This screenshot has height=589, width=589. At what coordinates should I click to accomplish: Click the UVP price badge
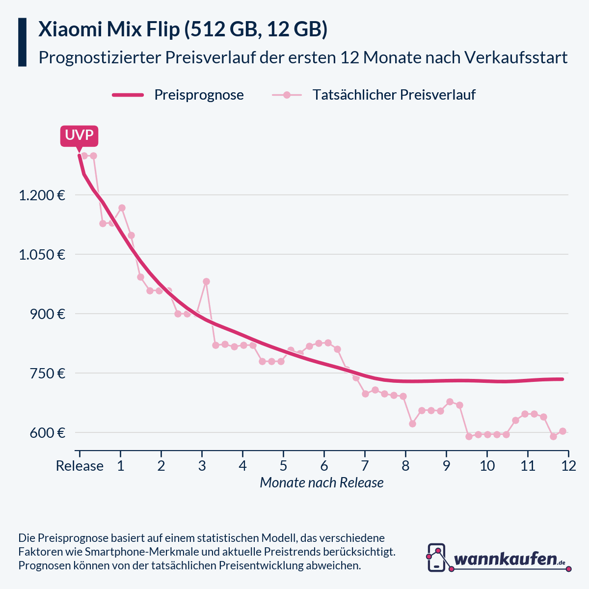pyautogui.click(x=79, y=135)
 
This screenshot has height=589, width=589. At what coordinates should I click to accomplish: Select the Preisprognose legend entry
pyautogui.click(x=199, y=95)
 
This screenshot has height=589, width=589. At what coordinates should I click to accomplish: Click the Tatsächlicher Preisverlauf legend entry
pyautogui.click(x=394, y=95)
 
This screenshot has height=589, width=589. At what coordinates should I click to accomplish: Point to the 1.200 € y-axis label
pyautogui.click(x=42, y=196)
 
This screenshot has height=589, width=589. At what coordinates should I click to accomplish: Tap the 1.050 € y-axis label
pyautogui.click(x=42, y=255)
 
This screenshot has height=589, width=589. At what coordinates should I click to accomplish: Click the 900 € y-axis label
pyautogui.click(x=47, y=314)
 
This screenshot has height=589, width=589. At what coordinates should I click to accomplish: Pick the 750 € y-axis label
pyautogui.click(x=47, y=374)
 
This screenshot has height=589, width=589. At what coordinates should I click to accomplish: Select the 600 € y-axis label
pyautogui.click(x=47, y=433)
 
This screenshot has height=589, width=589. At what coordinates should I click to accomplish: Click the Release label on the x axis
pyautogui.click(x=80, y=466)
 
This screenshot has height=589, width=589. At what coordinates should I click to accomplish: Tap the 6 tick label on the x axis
pyautogui.click(x=324, y=466)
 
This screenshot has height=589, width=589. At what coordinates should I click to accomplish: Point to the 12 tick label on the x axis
pyautogui.click(x=568, y=466)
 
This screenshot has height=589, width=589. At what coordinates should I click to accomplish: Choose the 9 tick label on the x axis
pyautogui.click(x=446, y=466)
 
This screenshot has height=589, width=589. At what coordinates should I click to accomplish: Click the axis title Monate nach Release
pyautogui.click(x=321, y=483)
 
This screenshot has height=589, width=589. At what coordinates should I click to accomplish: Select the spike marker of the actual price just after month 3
pyautogui.click(x=206, y=282)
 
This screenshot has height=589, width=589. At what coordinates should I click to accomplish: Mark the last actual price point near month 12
pyautogui.click(x=562, y=431)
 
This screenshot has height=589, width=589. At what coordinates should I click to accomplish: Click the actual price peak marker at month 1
pyautogui.click(x=122, y=208)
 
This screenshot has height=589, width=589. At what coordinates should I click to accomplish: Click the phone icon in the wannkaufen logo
pyautogui.click(x=436, y=558)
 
